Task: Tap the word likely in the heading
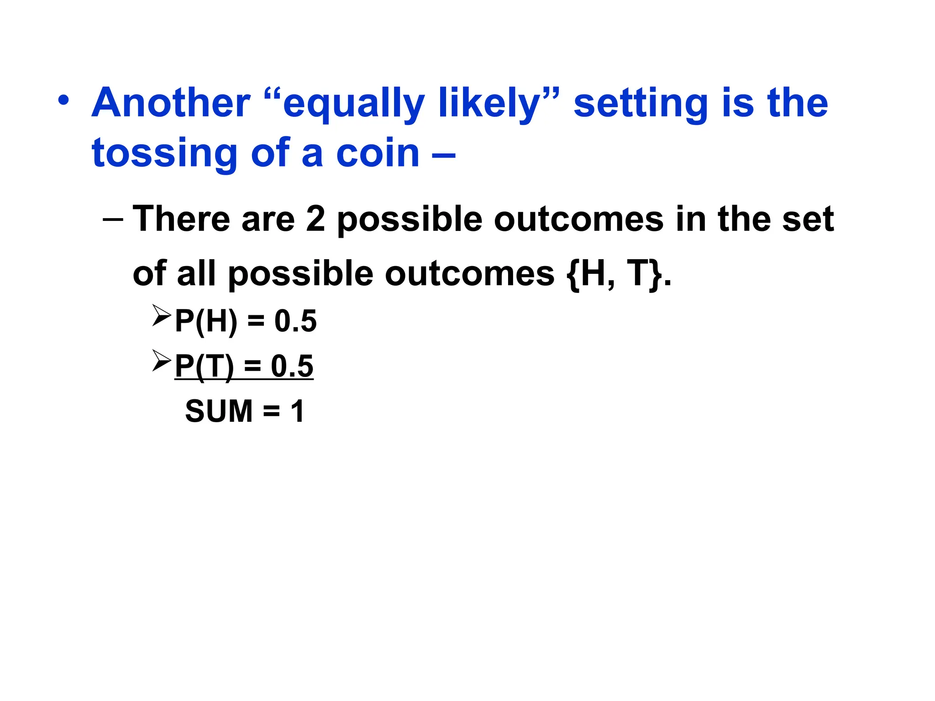(490, 103)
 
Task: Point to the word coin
(378, 153)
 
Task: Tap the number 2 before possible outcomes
(315, 219)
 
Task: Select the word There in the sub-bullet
(181, 219)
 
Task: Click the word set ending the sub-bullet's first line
(808, 219)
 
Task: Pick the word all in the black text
(196, 274)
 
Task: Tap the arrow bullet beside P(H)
(161, 315)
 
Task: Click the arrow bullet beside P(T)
(161, 360)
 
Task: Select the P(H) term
(206, 321)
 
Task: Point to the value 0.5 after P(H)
(295, 321)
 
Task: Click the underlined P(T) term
(204, 366)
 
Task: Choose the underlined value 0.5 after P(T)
(292, 366)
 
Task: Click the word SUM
(219, 411)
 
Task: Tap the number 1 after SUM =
(297, 411)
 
